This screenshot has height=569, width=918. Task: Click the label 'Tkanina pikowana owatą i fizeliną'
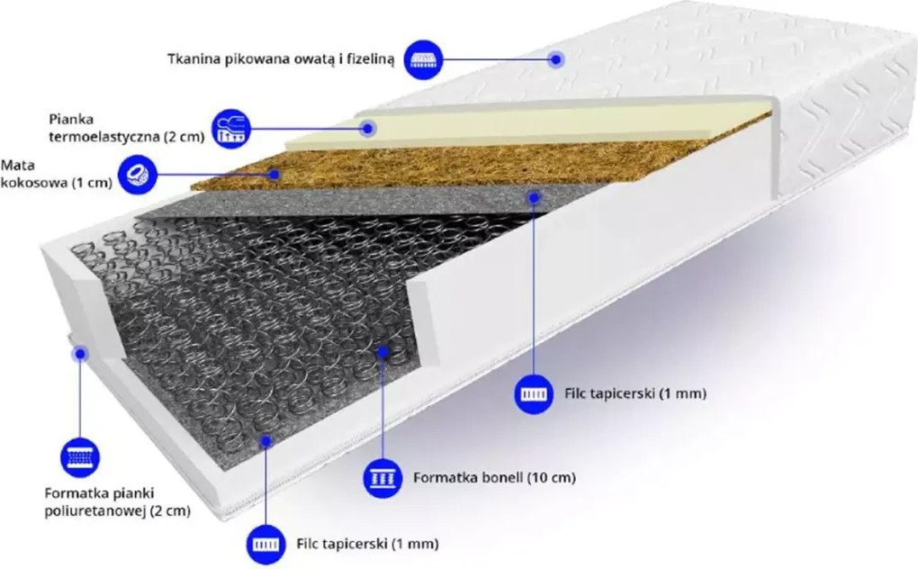[281, 59]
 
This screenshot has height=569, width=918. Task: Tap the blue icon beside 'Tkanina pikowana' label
[424, 59]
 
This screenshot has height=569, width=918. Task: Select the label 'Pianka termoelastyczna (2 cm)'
[127, 128]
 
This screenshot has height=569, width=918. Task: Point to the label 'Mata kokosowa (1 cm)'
[56, 174]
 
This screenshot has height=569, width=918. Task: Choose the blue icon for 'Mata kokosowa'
[138, 174]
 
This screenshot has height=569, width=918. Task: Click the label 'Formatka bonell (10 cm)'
[494, 478]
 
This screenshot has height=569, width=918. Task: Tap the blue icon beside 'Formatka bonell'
[382, 478]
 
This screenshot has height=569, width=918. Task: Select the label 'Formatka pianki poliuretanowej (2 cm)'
[118, 502]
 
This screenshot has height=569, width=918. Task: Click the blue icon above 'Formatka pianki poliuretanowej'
[80, 457]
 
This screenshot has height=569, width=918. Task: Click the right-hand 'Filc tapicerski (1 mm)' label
[635, 393]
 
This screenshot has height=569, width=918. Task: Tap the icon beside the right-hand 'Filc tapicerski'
[534, 394]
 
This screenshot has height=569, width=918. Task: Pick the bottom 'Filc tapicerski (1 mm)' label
[367, 544]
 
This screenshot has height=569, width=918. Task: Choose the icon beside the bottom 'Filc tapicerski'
[265, 545]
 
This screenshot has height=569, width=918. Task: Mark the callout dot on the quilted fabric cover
[556, 59]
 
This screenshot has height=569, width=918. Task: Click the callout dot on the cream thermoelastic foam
[368, 128]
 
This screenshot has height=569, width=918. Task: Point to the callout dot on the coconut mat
[274, 174]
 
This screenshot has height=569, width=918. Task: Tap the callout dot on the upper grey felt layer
[534, 198]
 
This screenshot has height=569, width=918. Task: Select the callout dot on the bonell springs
[382, 352]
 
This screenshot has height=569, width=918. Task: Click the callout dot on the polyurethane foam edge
[80, 354]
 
